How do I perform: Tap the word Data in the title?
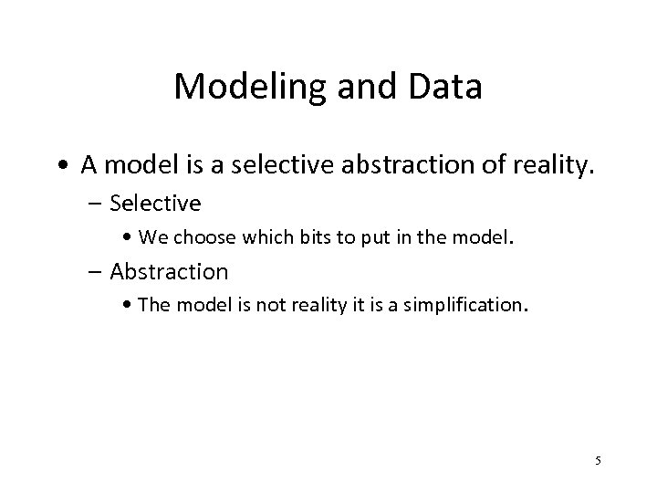pos(446,87)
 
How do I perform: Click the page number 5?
pos(598,460)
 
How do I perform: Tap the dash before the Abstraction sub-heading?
pos(96,271)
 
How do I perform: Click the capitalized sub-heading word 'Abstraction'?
pos(169,271)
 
